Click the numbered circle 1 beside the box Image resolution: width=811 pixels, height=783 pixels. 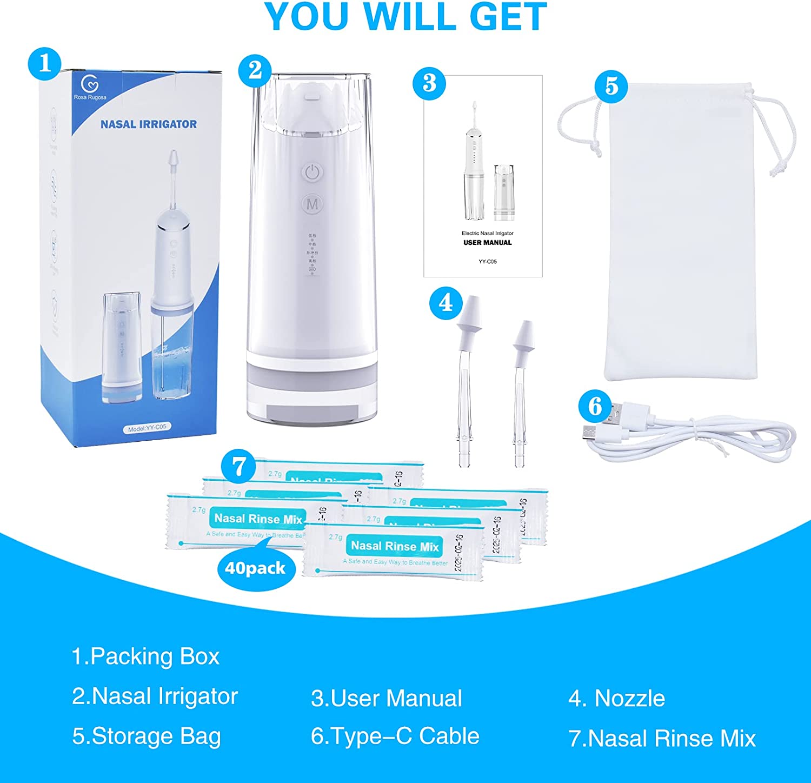tap(44, 64)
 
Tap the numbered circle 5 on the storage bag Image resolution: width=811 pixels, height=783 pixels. tap(611, 86)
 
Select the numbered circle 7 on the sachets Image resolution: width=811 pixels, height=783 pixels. tap(238, 467)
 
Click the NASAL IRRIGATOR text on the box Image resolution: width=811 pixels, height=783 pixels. tap(149, 124)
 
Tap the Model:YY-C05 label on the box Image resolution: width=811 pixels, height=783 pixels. tap(148, 428)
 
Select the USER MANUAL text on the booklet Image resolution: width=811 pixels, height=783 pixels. tap(487, 243)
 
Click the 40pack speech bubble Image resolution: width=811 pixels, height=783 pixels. tap(255, 568)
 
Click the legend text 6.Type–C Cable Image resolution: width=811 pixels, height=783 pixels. tap(395, 736)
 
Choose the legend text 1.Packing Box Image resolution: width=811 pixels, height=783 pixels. tap(145, 656)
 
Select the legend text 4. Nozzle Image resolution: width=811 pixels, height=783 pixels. tap(616, 699)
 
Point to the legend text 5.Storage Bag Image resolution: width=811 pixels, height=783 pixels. tap(147, 736)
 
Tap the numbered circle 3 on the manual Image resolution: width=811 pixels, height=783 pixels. tap(429, 84)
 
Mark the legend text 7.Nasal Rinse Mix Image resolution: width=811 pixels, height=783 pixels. tap(662, 739)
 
